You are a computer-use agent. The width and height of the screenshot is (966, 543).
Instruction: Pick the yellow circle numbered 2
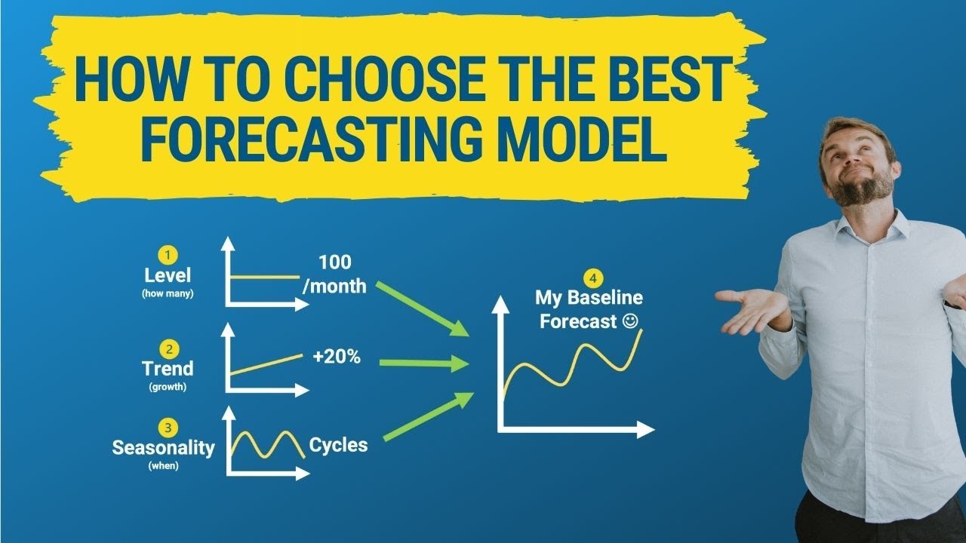pos(168,348)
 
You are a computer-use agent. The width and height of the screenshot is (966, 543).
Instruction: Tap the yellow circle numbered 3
pos(168,428)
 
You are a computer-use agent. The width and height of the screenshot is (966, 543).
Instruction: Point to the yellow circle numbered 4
pos(589,276)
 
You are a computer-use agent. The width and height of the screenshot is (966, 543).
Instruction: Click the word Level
pos(168,276)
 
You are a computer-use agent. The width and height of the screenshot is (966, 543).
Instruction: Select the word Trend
pos(168,369)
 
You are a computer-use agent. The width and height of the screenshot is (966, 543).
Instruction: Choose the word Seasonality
pos(163,447)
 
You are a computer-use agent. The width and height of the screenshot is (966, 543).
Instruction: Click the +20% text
pos(337,357)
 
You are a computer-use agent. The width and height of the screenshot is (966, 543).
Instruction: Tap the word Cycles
pos(338,445)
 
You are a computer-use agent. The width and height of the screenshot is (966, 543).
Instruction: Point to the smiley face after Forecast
pos(631,321)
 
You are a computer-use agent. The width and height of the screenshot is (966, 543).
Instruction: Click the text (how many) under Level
pos(168,293)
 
